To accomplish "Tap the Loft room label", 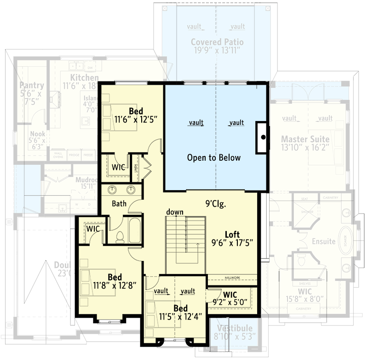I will coord(232,234).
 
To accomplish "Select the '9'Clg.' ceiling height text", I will coord(215,202).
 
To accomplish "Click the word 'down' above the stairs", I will coord(175,212).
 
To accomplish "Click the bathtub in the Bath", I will coord(135,231).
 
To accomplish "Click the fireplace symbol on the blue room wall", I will coord(262,137).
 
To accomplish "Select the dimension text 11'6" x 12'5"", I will coord(136,119).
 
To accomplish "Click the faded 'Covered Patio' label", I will coord(217,42).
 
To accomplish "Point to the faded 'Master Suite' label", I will coord(305,139).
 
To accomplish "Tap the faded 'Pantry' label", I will coord(32,85).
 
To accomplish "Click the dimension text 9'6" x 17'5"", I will coord(232,242).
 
